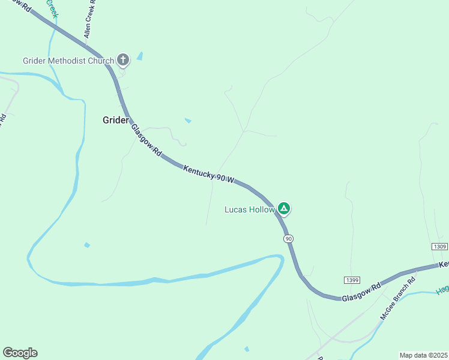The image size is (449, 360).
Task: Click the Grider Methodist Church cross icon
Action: [123, 59]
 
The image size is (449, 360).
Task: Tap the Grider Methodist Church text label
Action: [68, 61]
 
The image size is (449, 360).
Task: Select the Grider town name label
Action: [115, 120]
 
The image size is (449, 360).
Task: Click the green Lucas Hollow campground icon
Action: [284, 209]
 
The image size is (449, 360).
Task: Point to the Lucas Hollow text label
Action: [249, 209]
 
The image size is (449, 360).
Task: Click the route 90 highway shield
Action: [289, 239]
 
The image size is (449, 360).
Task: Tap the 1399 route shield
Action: [352, 280]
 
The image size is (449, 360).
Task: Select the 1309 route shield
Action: [439, 247]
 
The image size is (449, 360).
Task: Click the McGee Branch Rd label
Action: [397, 298]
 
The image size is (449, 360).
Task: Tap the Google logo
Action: [20, 353]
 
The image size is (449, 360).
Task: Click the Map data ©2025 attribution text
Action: [423, 355]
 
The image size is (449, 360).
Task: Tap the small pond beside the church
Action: [140, 56]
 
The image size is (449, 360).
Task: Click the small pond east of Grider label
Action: [188, 121]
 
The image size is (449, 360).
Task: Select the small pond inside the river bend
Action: [87, 245]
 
